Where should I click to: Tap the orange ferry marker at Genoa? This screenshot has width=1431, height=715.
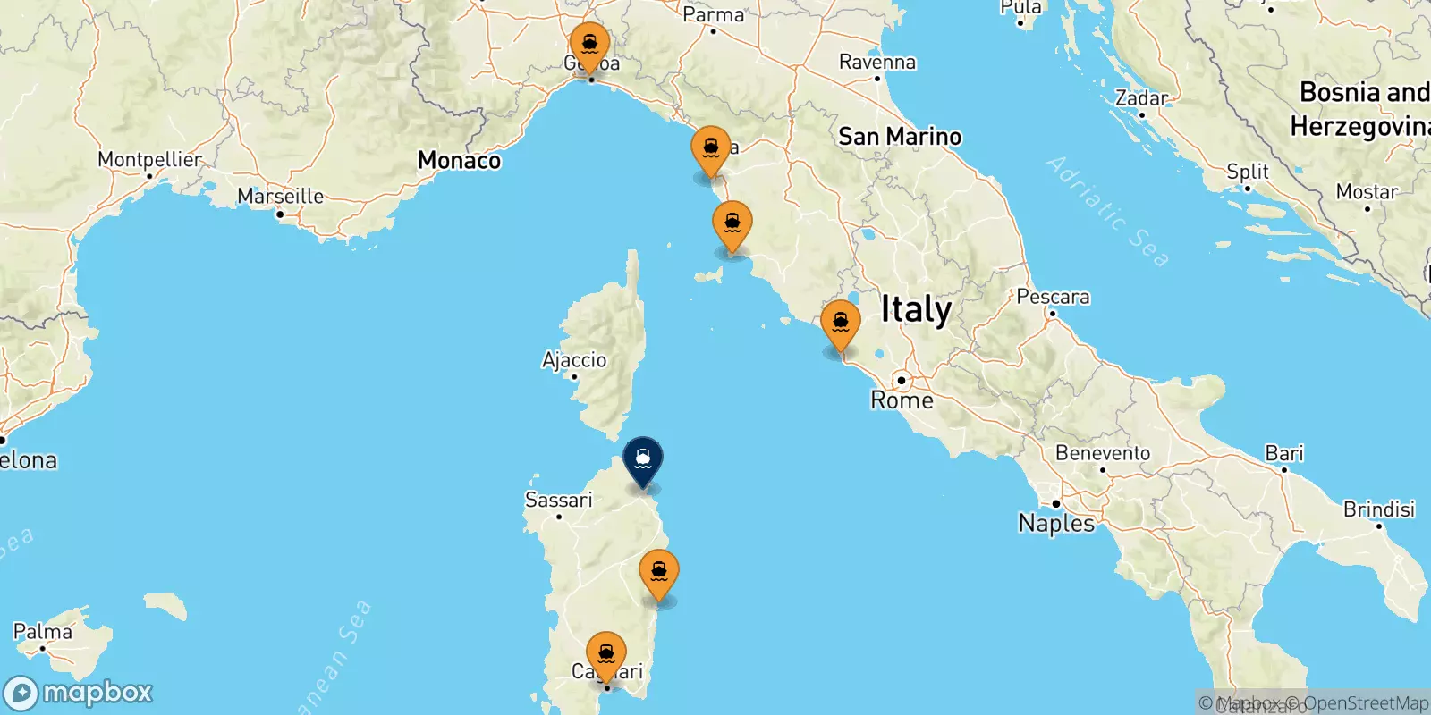pyautogui.click(x=590, y=46)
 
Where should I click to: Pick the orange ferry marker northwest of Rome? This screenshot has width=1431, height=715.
pyautogui.click(x=841, y=324)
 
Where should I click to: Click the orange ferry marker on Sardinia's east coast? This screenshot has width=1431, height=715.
pyautogui.click(x=659, y=573)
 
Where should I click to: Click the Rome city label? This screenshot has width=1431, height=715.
pyautogui.click(x=902, y=400)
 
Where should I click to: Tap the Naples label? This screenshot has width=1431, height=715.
pyautogui.click(x=1056, y=523)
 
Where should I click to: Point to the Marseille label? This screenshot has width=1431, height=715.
pyautogui.click(x=280, y=196)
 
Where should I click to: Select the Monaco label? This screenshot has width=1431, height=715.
pyautogui.click(x=459, y=160)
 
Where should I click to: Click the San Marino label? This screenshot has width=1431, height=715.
pyautogui.click(x=900, y=137)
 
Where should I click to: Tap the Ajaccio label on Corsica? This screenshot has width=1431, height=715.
pyautogui.click(x=574, y=359)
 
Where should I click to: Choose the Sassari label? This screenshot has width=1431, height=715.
pyautogui.click(x=558, y=500)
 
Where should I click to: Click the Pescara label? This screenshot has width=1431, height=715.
pyautogui.click(x=1053, y=297)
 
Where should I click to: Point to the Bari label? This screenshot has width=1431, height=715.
pyautogui.click(x=1284, y=453)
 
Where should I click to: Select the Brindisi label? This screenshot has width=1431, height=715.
pyautogui.click(x=1379, y=509)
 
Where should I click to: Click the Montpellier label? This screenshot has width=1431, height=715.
pyautogui.click(x=149, y=159)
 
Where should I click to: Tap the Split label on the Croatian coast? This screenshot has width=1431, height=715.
pyautogui.click(x=1248, y=171)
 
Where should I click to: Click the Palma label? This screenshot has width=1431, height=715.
pyautogui.click(x=42, y=632)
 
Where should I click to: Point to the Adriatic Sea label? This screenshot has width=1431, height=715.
pyautogui.click(x=1107, y=211)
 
